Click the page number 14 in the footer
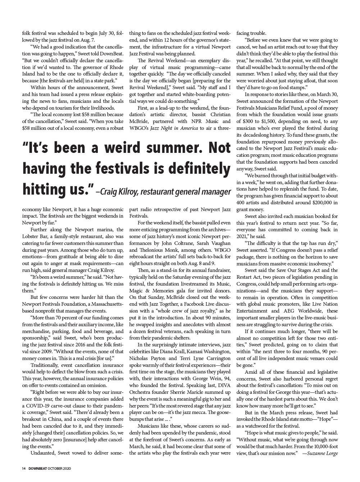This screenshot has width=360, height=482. point(23,469)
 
